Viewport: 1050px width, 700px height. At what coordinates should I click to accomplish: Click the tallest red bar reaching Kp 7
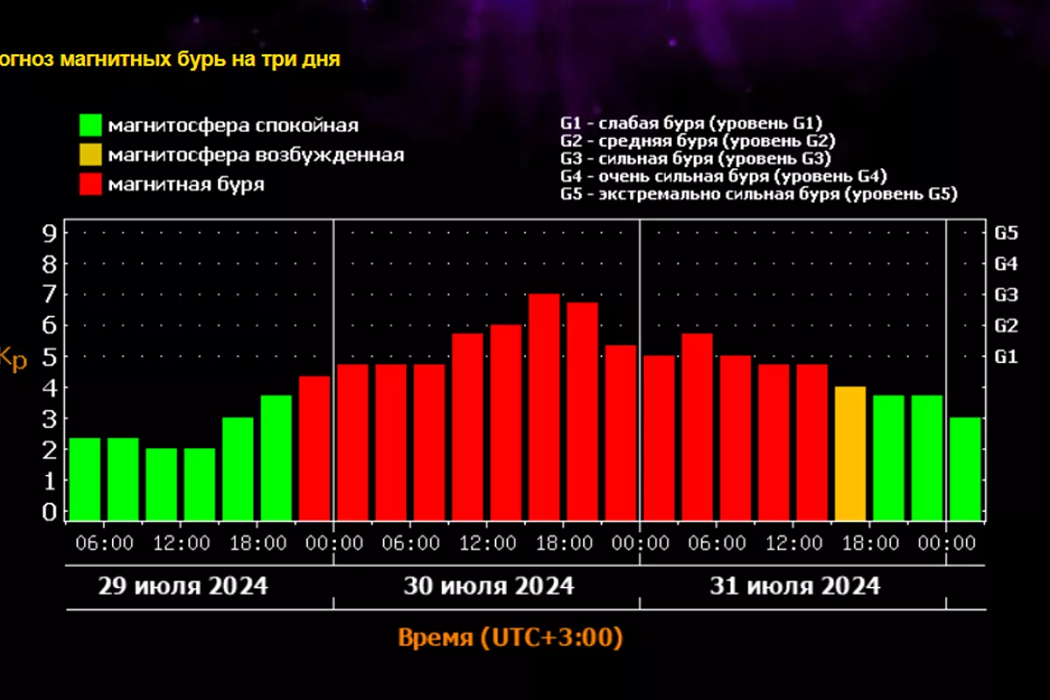coord(544,407)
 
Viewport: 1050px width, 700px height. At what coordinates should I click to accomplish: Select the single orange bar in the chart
coord(850,453)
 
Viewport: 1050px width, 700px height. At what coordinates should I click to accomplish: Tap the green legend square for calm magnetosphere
coord(89,125)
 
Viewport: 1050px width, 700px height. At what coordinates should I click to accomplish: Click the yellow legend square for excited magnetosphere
coord(89,155)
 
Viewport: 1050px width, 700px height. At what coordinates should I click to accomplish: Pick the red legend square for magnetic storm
coord(89,184)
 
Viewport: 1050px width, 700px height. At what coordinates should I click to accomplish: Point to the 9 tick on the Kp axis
coord(51,233)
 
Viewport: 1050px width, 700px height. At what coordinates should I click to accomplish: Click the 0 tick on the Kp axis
coord(51,511)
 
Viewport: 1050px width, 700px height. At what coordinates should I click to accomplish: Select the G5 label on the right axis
coord(1006,233)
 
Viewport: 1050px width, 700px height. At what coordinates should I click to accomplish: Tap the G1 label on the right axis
coord(1006,356)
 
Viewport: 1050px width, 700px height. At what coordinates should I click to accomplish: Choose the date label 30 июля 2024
coord(488,585)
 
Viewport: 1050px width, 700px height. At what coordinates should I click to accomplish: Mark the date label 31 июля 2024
coord(794,585)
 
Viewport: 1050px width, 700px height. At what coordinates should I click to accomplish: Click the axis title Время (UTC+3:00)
coord(510,638)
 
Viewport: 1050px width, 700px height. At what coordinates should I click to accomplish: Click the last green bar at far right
coord(965,469)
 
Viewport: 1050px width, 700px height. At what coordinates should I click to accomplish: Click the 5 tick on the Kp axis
coord(51,356)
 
